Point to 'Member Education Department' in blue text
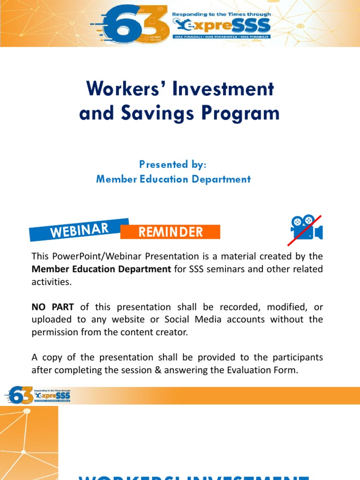(173, 179)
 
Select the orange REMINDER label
(170, 232)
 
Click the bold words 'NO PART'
(52, 307)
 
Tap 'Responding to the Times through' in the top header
(221, 15)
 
